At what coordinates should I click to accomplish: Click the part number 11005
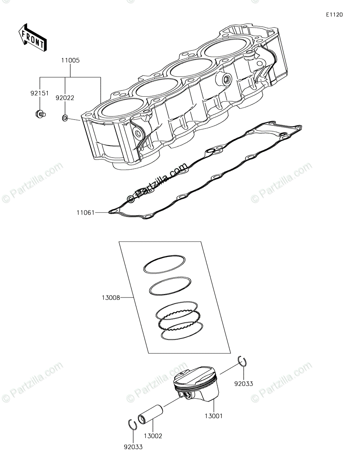[70, 61]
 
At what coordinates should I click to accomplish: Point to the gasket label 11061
[85, 212]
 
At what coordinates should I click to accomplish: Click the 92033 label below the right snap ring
[244, 384]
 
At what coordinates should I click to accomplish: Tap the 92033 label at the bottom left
[133, 447]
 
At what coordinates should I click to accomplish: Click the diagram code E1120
[334, 15]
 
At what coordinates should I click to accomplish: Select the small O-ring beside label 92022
[65, 117]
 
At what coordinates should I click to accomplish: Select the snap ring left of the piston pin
[132, 424]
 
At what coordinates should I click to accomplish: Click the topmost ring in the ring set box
[164, 265]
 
